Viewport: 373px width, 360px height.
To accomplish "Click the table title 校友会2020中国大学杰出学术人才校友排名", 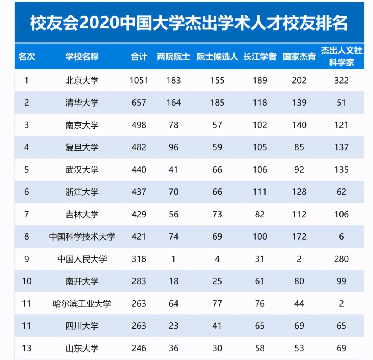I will [x=189, y=23].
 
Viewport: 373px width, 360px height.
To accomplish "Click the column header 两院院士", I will [x=173, y=57].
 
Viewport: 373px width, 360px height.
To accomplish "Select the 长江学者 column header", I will [x=260, y=57].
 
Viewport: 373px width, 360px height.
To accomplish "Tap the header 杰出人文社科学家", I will [x=341, y=57].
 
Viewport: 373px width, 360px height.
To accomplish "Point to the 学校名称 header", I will [x=82, y=57].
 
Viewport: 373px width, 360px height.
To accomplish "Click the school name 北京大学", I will [x=82, y=80].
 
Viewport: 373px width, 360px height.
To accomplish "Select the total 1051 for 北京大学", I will [x=139, y=80].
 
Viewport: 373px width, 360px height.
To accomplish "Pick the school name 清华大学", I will [x=82, y=103].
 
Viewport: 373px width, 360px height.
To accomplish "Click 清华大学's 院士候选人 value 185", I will [x=217, y=103].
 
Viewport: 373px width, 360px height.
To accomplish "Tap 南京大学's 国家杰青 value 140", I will [x=299, y=125].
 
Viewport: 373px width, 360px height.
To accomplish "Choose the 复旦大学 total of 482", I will [x=139, y=147].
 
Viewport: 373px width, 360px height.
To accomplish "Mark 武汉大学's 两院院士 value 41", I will [x=173, y=170].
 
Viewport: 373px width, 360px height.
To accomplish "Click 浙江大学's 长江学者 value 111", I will [x=260, y=192].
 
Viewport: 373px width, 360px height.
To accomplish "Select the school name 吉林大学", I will [x=82, y=215].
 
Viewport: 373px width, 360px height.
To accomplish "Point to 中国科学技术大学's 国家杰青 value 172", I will [x=299, y=237].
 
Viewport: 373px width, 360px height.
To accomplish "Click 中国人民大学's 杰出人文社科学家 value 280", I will [x=341, y=259].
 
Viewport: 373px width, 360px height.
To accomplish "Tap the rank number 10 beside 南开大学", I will [x=26, y=281].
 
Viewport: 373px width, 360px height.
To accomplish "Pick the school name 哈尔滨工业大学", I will [x=82, y=304].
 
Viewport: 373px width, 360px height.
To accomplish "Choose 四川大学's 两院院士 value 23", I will [x=173, y=326].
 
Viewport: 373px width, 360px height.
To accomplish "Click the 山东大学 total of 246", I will [x=139, y=348].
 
